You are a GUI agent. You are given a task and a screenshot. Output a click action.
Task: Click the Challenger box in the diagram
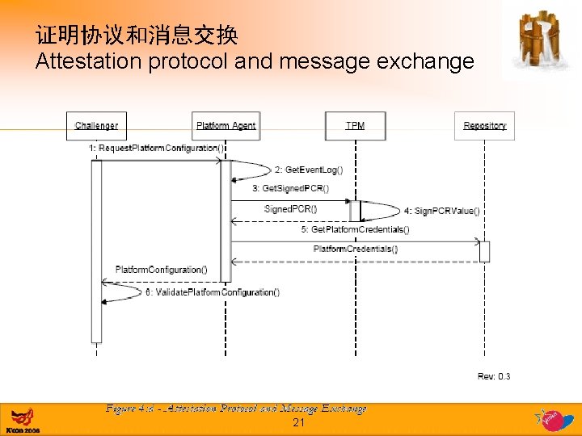click(96, 126)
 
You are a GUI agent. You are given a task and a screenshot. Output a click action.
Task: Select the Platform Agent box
click(226, 126)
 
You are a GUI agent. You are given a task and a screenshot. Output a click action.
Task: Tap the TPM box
click(355, 126)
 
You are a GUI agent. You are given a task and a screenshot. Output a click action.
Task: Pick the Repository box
click(484, 126)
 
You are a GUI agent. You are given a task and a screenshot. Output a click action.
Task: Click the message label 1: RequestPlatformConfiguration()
click(156, 149)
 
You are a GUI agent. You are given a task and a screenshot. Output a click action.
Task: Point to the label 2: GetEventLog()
click(309, 170)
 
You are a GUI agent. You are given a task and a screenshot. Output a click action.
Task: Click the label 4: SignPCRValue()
click(441, 212)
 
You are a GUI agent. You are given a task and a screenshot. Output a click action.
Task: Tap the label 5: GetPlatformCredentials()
click(355, 229)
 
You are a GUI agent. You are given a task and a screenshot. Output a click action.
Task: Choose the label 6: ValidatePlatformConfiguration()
click(213, 292)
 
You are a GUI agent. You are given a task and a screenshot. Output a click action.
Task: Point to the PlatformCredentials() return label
click(355, 249)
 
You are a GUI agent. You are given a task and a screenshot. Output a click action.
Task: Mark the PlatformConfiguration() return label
click(161, 270)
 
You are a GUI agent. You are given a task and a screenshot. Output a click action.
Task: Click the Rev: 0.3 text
click(493, 376)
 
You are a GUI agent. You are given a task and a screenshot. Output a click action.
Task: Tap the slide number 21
click(298, 422)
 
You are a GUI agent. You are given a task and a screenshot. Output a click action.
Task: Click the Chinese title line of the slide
click(136, 36)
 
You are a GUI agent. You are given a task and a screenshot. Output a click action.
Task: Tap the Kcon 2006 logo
click(23, 420)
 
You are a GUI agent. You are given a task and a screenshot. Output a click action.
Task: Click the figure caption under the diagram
click(235, 409)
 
